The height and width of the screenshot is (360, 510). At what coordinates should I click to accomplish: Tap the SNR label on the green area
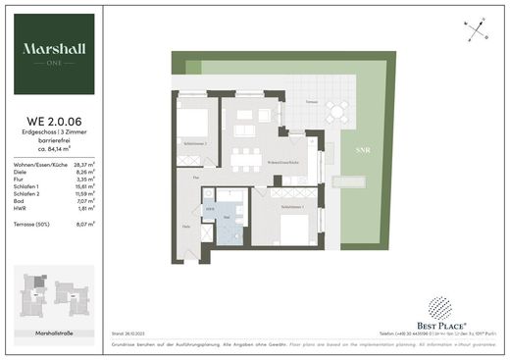click(x=349, y=152)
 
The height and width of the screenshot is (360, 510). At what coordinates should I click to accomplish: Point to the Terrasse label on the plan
click(x=311, y=101)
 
